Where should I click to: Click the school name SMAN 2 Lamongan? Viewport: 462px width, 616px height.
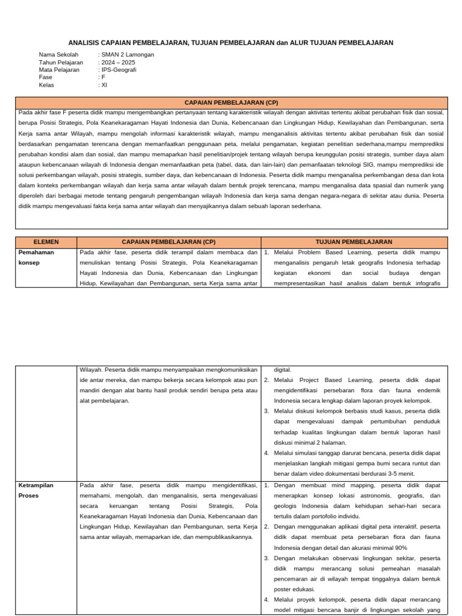(x=128, y=54)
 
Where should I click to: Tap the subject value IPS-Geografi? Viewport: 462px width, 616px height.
(x=119, y=70)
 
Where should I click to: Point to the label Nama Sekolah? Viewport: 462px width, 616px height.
(x=59, y=54)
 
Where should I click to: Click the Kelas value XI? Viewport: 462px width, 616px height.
(x=104, y=85)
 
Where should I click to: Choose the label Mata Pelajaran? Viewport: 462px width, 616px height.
(x=59, y=70)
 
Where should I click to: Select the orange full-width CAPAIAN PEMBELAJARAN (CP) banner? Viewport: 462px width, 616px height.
(x=231, y=102)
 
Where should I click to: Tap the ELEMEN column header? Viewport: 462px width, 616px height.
(x=46, y=242)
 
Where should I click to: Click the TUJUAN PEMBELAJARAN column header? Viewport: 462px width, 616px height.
(x=354, y=242)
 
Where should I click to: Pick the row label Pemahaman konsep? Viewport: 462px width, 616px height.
(x=36, y=257)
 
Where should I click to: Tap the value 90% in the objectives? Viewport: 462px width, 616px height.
(x=401, y=548)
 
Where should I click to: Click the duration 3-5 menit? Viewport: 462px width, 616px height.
(x=396, y=473)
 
